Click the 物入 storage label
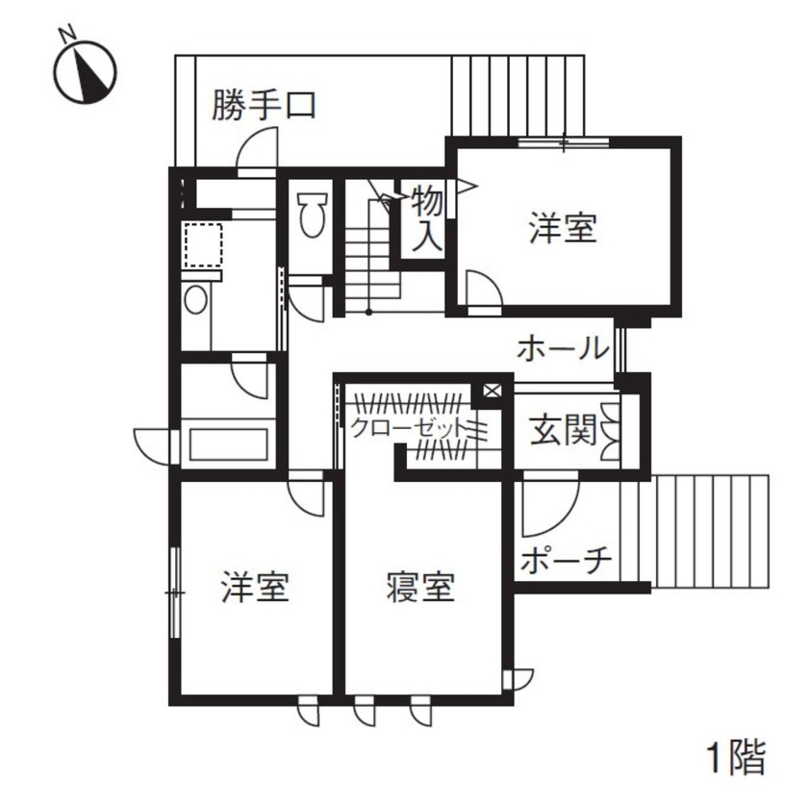427,219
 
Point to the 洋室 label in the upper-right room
563,229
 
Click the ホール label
562,348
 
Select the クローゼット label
408,427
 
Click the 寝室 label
420,586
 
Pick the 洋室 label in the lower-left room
255,586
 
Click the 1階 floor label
737,758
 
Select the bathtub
228,444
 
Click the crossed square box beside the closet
491,391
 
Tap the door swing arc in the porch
548,507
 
